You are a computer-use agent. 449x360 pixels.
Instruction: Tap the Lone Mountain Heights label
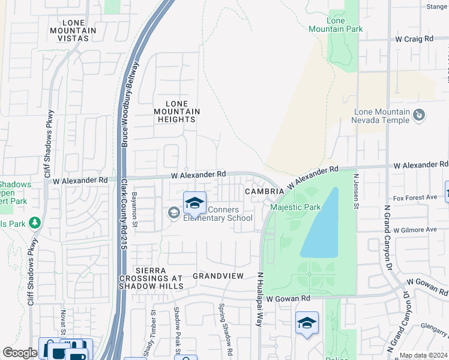[x=176, y=112]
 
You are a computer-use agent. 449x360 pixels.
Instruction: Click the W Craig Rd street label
[x=414, y=38]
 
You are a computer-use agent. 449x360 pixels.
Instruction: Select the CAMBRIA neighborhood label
[x=264, y=191]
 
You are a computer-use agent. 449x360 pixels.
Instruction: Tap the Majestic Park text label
[x=295, y=208]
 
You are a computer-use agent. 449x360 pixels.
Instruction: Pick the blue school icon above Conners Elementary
[x=194, y=204]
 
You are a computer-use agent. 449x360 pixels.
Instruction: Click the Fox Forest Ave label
[x=414, y=197]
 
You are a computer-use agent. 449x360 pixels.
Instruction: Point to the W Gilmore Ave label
[x=414, y=230]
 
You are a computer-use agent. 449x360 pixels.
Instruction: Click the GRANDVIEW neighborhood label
[x=218, y=276]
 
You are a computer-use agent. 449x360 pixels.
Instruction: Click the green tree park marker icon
[x=35, y=224]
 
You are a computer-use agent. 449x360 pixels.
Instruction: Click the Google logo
[x=20, y=353]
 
